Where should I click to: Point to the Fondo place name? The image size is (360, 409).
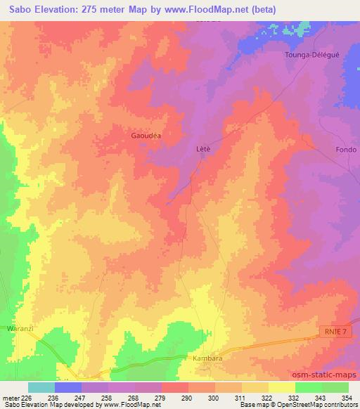346,150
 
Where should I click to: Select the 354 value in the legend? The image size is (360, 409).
345,397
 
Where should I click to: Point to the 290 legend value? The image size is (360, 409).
186,397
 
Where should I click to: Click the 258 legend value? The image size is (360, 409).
105,397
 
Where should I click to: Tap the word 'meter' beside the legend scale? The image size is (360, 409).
9,397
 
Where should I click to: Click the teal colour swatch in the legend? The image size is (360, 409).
41,387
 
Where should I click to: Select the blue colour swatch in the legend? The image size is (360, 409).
68,387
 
